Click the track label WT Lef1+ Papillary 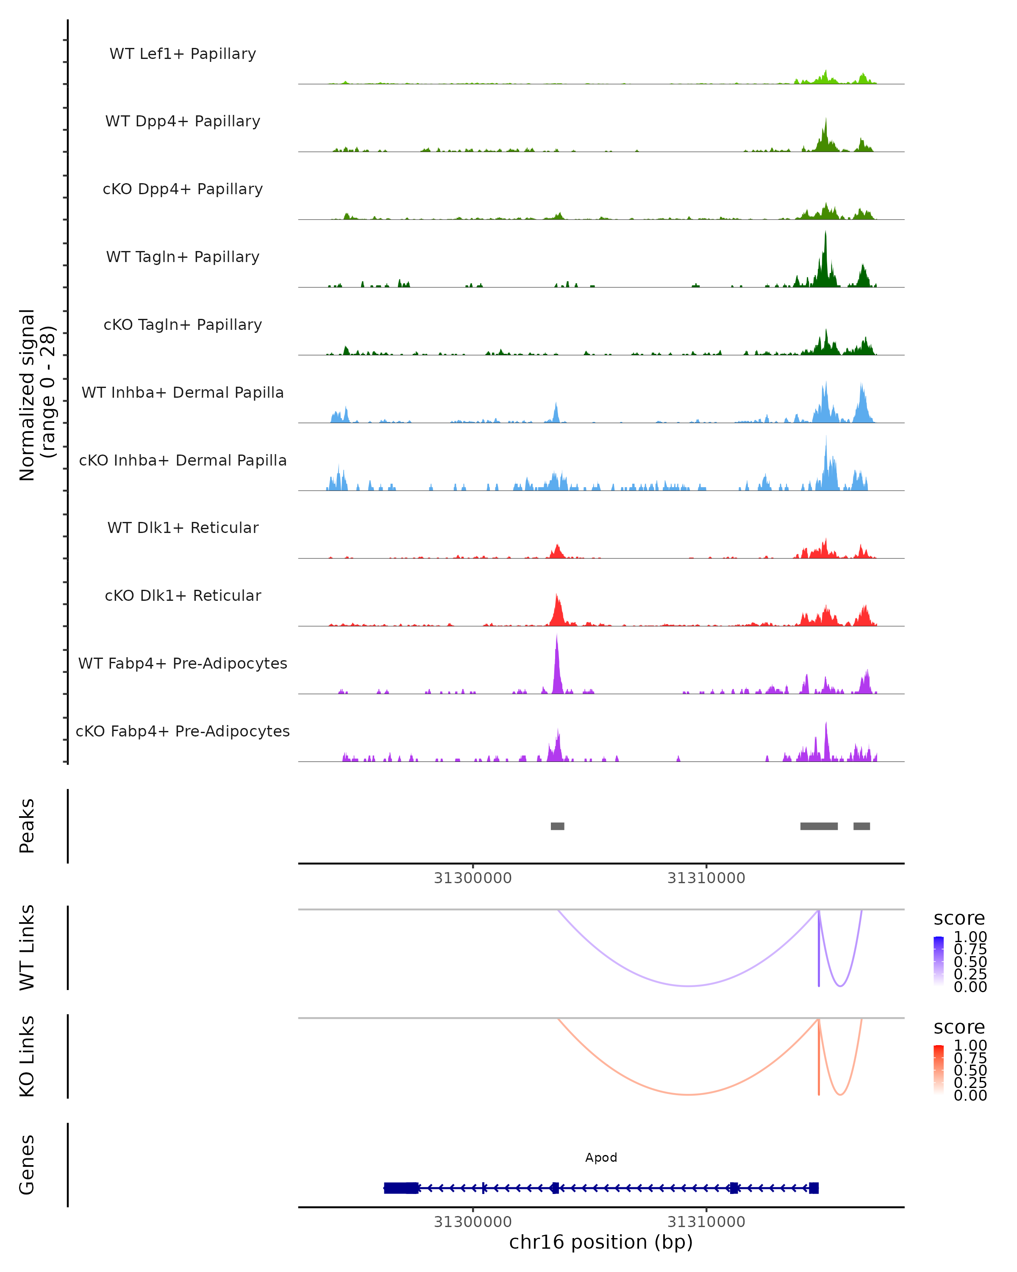(183, 54)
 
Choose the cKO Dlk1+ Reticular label (183, 595)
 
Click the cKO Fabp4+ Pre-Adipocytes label (183, 731)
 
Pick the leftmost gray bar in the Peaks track (557, 826)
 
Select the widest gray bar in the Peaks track (819, 826)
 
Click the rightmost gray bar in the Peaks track (861, 826)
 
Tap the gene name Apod (601, 1158)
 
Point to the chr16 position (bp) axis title (601, 1242)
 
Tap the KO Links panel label (27, 1056)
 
